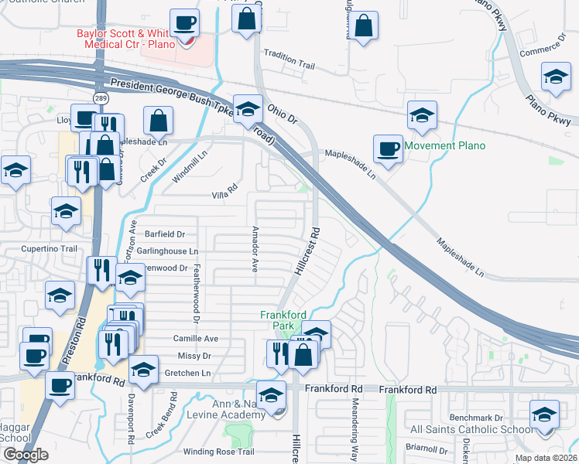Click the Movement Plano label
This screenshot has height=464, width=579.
(444, 145)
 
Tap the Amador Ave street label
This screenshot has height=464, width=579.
(255, 250)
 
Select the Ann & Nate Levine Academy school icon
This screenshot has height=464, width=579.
(271, 395)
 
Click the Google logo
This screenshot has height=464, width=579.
(26, 455)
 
